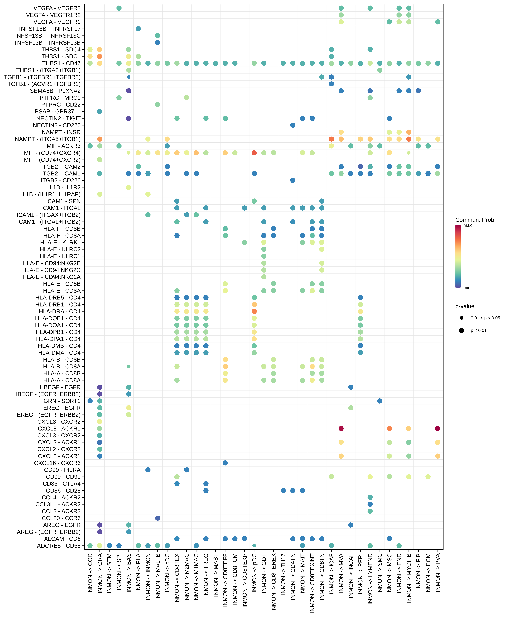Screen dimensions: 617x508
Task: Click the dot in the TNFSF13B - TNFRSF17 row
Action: click(x=138, y=29)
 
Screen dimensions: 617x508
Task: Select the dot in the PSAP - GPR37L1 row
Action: click(x=100, y=111)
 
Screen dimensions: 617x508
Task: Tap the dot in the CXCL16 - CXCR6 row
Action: click(x=225, y=463)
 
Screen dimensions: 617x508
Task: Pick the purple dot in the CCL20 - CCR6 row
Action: click(x=157, y=518)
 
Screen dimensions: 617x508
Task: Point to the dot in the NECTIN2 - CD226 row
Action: click(x=293, y=125)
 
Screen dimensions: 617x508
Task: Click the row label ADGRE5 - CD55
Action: click(x=59, y=546)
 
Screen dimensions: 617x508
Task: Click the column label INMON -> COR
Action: click(x=90, y=573)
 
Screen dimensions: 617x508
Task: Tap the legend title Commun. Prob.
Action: click(x=475, y=220)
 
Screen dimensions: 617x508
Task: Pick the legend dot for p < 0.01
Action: click(x=461, y=330)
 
